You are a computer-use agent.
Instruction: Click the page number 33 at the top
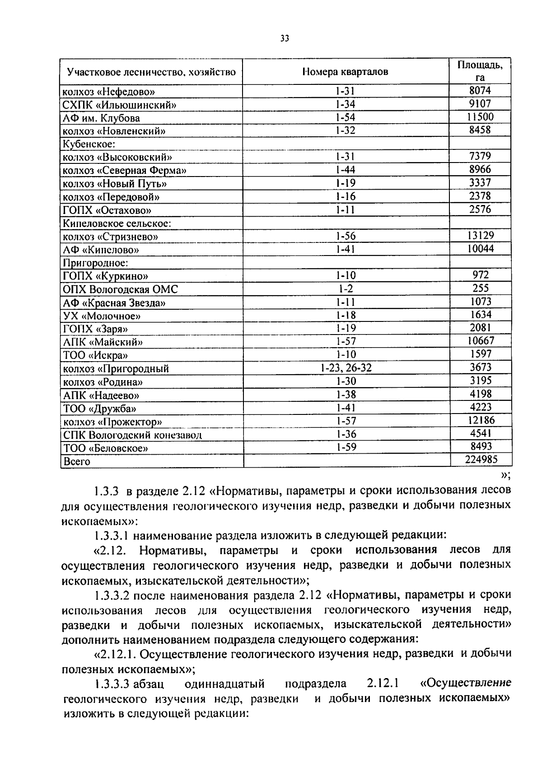(x=284, y=38)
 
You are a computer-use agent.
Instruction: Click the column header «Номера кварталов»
(x=345, y=72)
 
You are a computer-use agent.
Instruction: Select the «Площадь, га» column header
(x=480, y=71)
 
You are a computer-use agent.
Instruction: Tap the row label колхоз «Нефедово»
(x=108, y=92)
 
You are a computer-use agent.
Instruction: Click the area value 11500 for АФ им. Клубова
(x=480, y=117)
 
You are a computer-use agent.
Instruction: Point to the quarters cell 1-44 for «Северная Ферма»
(x=346, y=170)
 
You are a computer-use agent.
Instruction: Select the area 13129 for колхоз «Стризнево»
(x=480, y=235)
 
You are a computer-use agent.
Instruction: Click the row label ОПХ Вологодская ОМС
(x=120, y=289)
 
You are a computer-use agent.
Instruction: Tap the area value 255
(x=481, y=288)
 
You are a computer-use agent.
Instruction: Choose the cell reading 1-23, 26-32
(x=346, y=368)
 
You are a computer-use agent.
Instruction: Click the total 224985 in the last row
(x=481, y=460)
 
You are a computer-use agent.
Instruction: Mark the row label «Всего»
(x=77, y=461)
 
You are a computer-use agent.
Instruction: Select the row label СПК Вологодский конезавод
(x=132, y=435)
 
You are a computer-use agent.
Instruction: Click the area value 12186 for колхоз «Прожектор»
(x=481, y=420)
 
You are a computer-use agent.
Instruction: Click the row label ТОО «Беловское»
(x=106, y=448)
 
